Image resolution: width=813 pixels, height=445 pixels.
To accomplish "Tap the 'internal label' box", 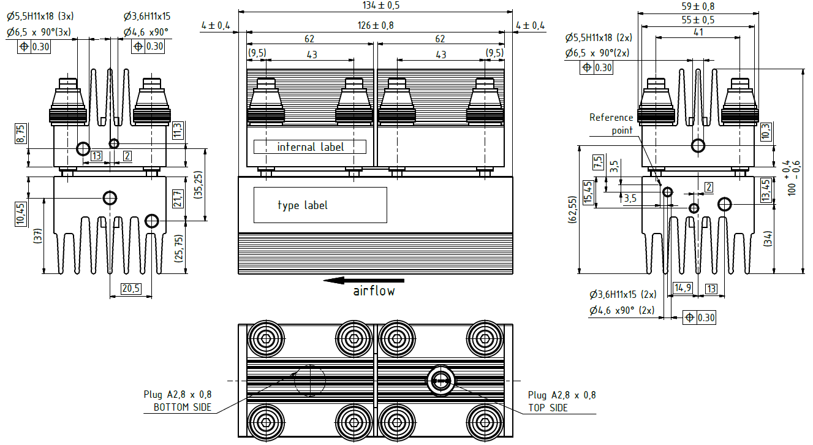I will [x=310, y=147].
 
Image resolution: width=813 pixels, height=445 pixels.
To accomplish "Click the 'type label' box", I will [x=320, y=205].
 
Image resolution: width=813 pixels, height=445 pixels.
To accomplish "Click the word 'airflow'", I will [x=374, y=291].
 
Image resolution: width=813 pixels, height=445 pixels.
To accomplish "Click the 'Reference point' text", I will [x=611, y=124].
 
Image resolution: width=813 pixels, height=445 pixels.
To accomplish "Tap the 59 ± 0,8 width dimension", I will [x=698, y=6].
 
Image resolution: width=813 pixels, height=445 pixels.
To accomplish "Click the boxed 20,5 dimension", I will [x=131, y=289].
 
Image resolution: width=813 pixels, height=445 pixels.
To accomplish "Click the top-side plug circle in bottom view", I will [x=440, y=381].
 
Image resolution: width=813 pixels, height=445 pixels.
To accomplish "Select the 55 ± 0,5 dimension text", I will [x=698, y=20].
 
